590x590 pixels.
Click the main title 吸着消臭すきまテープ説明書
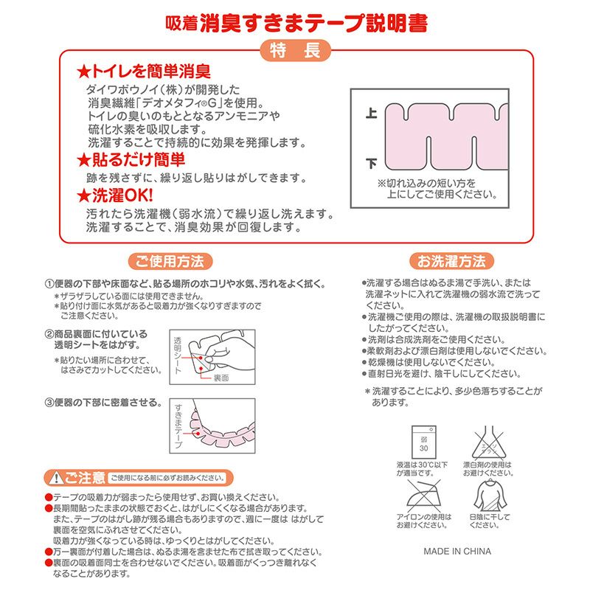pyautogui.click(x=295, y=22)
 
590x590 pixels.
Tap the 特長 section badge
pyautogui.click(x=295, y=52)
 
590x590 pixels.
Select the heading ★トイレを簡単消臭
pyautogui.click(x=145, y=72)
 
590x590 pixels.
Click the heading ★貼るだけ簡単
pyautogui.click(x=131, y=160)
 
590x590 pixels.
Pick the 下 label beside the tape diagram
pyautogui.click(x=371, y=162)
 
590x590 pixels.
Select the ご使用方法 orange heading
pyautogui.click(x=170, y=261)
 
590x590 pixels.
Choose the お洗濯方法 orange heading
pyautogui.click(x=451, y=261)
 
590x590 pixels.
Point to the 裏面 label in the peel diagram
pyautogui.click(x=222, y=378)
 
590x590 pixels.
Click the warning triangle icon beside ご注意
pyautogui.click(x=55, y=477)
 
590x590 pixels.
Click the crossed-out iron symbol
pyautogui.click(x=423, y=494)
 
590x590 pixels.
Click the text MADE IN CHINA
pyautogui.click(x=457, y=551)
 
